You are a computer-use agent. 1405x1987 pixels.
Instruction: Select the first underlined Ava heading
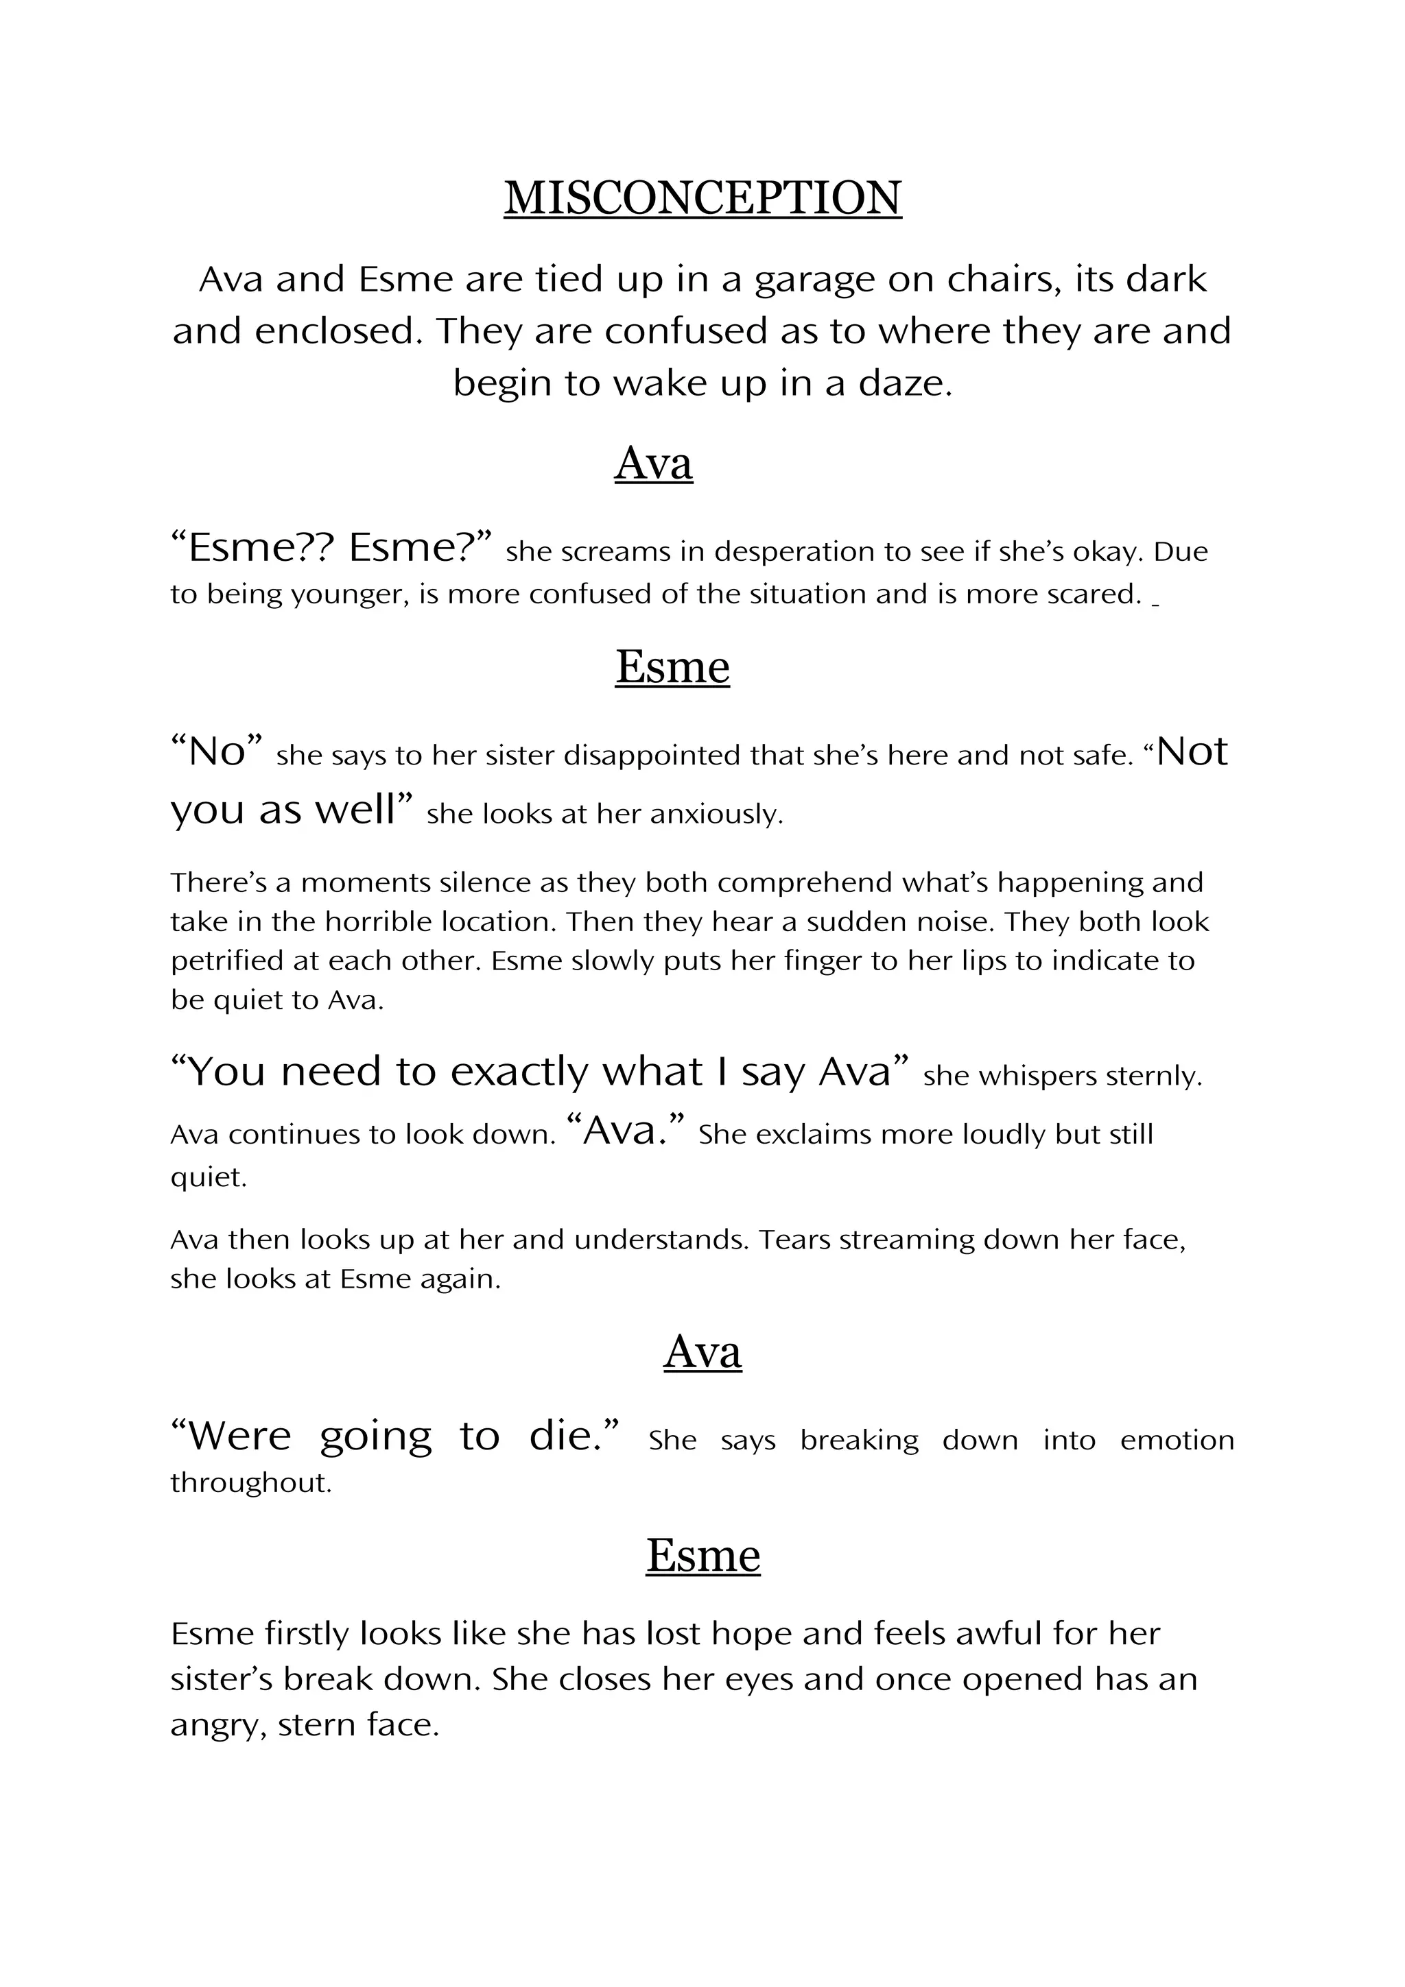(x=654, y=463)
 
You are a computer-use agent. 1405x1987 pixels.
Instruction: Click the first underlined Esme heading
(x=672, y=667)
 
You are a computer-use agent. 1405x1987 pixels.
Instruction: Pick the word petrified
(x=226, y=961)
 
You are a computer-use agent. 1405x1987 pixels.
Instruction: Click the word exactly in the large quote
(x=519, y=1072)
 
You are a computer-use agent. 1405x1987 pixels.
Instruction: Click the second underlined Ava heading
(x=702, y=1353)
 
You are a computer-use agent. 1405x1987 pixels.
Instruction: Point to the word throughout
(x=251, y=1483)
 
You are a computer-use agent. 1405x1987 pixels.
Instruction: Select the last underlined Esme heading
(x=703, y=1555)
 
